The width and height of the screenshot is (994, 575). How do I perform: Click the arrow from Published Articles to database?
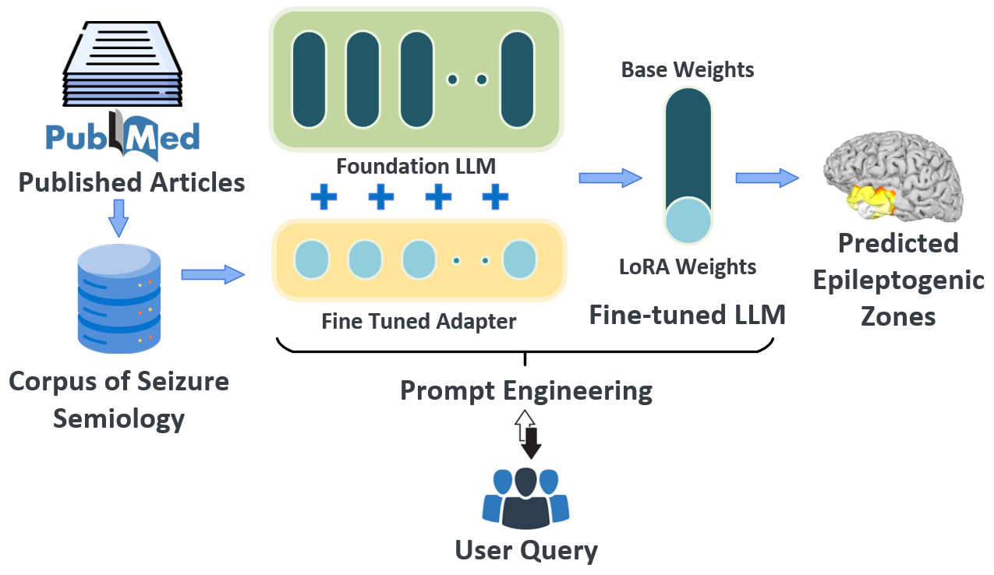119,217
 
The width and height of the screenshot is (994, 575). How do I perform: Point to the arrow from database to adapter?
212,274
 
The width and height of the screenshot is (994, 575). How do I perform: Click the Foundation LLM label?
416,166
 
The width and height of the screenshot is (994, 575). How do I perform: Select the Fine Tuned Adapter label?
419,321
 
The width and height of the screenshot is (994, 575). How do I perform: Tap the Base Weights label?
688,70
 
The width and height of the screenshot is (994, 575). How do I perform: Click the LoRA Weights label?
688,267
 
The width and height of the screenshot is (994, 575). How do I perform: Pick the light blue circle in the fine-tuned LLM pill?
688,220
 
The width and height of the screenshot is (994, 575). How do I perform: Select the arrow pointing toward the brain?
767,178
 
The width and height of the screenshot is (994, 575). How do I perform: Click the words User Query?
526,551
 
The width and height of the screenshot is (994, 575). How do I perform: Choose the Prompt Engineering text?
526,390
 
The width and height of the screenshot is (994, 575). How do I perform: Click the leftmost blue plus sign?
324,197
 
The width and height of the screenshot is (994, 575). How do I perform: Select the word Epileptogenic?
898,280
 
